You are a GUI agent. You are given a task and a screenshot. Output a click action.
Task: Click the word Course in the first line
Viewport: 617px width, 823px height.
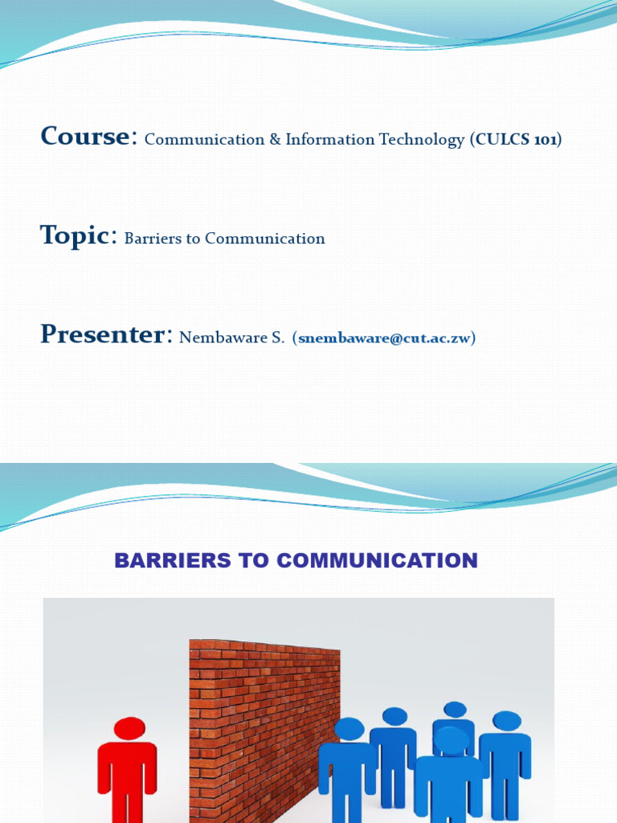pyautogui.click(x=84, y=137)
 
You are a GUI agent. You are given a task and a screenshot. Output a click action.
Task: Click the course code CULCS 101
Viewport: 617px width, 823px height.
pyautogui.click(x=515, y=140)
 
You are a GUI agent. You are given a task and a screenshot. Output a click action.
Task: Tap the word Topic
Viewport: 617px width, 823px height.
pyautogui.click(x=74, y=235)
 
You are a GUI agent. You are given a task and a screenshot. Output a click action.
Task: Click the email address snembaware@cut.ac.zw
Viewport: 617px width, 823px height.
pyautogui.click(x=384, y=338)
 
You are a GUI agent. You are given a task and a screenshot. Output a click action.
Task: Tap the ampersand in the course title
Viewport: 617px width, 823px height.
pyautogui.click(x=275, y=140)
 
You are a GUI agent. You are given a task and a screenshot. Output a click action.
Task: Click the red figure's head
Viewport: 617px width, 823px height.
pyautogui.click(x=129, y=728)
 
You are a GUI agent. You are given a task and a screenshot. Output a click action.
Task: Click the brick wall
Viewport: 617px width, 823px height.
pyautogui.click(x=264, y=723)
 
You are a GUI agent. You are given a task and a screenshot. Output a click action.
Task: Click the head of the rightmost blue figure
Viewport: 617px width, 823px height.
pyautogui.click(x=507, y=720)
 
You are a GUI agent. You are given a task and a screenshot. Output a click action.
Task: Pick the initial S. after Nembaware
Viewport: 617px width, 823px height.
pyautogui.click(x=277, y=338)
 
